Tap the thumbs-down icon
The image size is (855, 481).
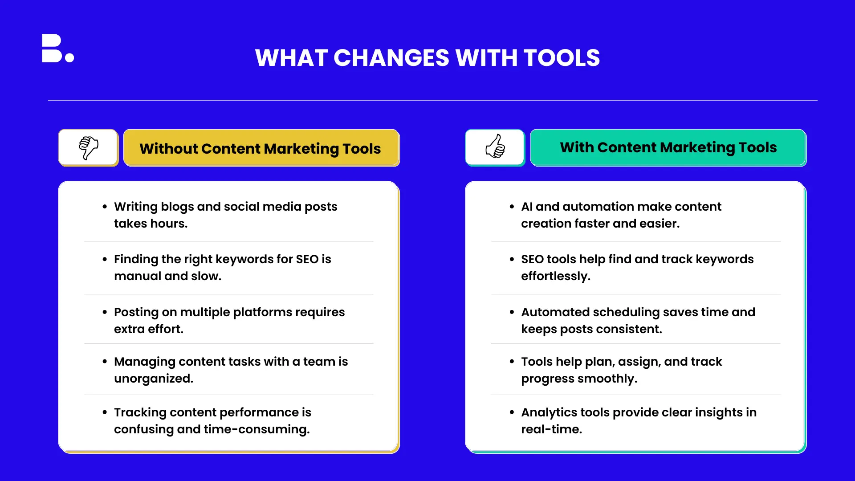tap(89, 148)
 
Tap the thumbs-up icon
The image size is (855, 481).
tap(495, 147)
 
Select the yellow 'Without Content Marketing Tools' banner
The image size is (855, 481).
tap(261, 148)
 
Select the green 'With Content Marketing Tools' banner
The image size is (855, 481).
tap(668, 147)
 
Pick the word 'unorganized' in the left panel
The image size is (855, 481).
tap(152, 379)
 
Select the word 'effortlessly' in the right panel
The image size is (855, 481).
tap(554, 277)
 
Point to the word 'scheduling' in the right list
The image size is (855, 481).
tap(626, 313)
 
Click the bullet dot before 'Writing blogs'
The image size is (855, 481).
tap(105, 207)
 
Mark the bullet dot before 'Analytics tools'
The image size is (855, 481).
tap(512, 412)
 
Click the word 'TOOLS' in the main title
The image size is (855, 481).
tap(562, 58)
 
